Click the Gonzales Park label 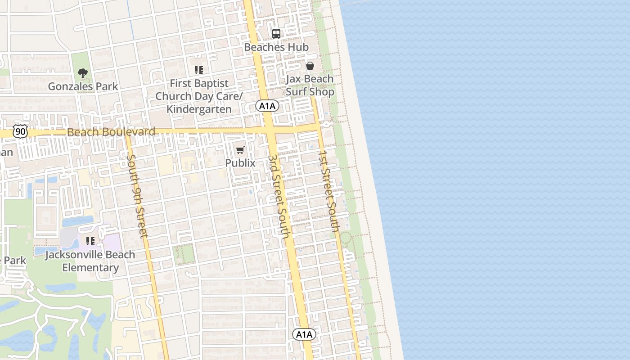coord(83,86)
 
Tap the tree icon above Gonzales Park coord(82,73)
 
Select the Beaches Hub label coord(276,47)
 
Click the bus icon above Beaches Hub coord(276,34)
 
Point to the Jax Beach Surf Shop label coord(310,85)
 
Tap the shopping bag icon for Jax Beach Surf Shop coord(310,66)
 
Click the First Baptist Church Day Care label coord(199,96)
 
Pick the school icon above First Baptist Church coord(199,70)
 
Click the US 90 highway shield coord(20,131)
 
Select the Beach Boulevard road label coord(111,132)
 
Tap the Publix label coord(240,163)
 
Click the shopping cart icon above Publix coord(240,150)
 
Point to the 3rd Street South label coord(279,197)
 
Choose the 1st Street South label coord(328,191)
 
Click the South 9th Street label coord(137,196)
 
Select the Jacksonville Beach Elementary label coord(90,261)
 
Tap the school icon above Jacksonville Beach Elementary coord(90,241)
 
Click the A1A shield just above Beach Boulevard coord(267,106)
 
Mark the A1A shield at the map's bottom coord(304,334)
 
